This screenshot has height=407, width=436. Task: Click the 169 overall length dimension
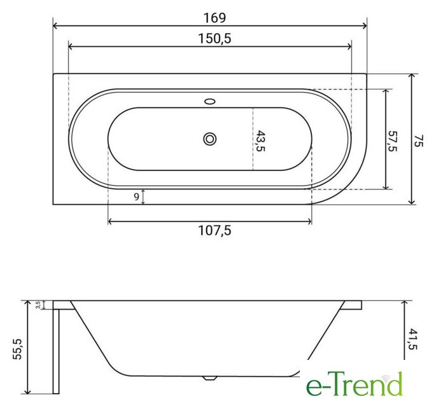214,18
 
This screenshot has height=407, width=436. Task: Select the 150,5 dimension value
214,39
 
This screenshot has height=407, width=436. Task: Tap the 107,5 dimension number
214,230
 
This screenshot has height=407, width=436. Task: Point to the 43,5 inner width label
260,141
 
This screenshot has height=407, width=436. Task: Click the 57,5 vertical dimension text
393,141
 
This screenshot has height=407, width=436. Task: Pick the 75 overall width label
418,141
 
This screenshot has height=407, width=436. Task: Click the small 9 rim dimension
136,197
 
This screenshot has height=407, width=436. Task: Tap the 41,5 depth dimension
413,339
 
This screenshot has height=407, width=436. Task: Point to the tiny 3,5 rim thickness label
38,305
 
